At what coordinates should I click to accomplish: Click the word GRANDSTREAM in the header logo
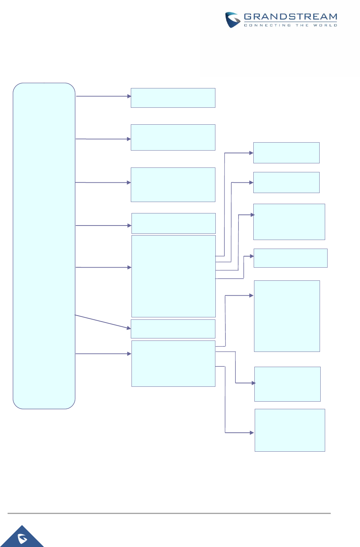290,17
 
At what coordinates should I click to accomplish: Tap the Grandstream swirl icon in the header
232,20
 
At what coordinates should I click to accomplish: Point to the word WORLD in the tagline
325,25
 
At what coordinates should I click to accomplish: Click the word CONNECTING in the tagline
267,25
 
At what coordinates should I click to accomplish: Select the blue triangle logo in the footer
23,538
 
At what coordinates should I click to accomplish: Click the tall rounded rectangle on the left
44,246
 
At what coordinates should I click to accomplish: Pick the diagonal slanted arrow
103,322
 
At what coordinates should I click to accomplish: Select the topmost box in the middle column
173,98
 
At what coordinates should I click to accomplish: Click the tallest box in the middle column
173,276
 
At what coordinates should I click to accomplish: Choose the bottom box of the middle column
173,363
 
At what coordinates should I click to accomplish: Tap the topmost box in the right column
286,153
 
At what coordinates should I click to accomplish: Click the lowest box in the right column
290,430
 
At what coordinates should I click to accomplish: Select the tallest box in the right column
287,316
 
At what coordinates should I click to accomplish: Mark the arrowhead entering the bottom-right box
252,433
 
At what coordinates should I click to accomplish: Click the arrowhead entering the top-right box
251,153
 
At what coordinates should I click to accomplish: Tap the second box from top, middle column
173,137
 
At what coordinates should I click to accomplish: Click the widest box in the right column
290,258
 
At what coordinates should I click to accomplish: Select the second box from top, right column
286,182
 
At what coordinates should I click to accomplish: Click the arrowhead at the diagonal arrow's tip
129,328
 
